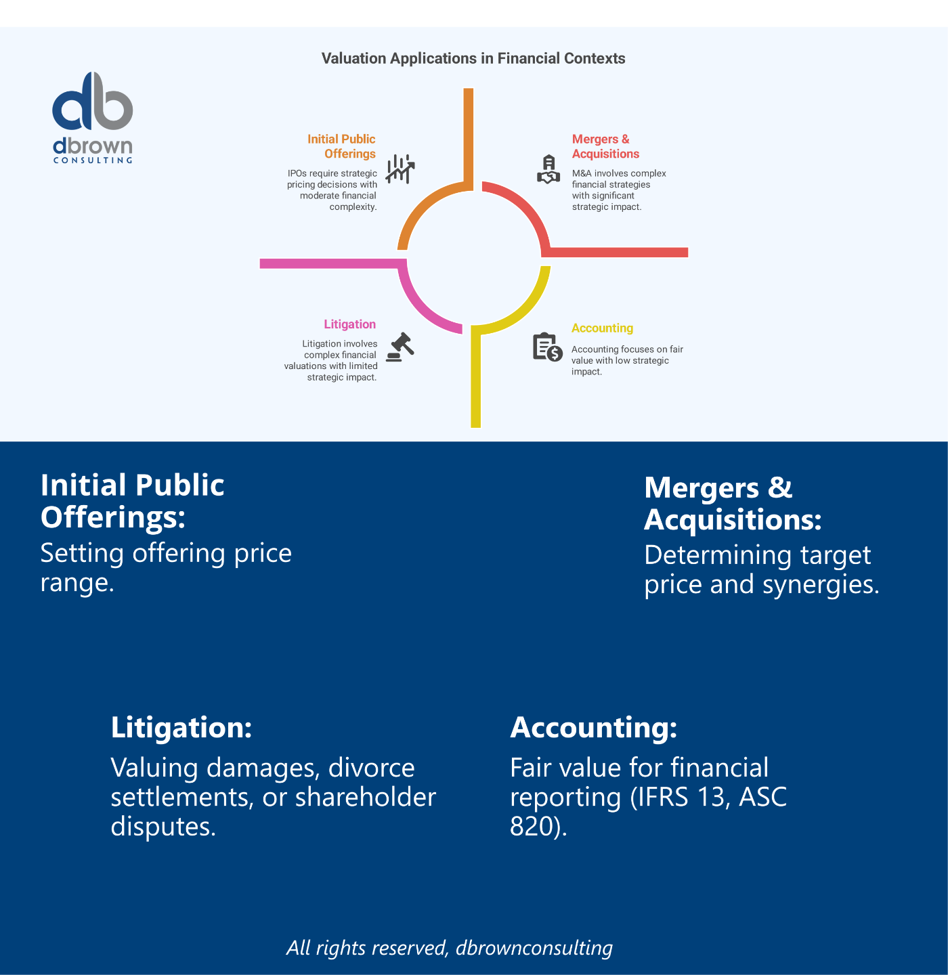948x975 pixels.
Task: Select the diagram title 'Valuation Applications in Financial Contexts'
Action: point(473,59)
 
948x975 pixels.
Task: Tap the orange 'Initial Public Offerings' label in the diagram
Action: point(342,146)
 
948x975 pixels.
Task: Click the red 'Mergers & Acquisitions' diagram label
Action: point(605,146)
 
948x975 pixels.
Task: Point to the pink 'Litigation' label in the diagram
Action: point(349,324)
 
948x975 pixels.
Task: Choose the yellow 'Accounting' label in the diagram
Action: point(602,328)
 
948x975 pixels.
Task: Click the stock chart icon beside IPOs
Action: point(400,169)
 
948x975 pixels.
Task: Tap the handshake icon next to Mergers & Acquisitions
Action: point(548,169)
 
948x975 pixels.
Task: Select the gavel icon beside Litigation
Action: point(400,347)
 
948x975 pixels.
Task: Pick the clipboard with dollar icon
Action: point(547,347)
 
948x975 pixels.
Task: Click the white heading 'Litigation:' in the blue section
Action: point(181,727)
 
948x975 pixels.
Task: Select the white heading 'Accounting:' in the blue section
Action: point(593,727)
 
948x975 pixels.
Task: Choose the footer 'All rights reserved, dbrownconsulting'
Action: point(450,947)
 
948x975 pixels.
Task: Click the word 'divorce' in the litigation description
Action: point(371,768)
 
